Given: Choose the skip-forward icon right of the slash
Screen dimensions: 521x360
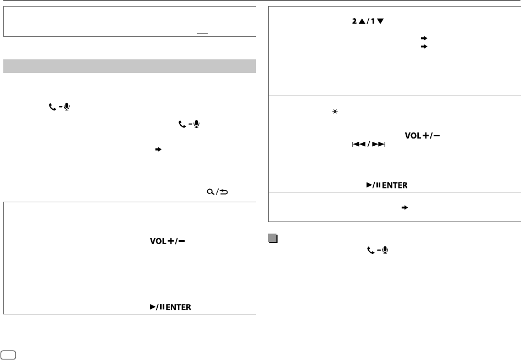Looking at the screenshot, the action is pos(380,144).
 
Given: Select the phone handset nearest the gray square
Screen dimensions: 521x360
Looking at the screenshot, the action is pos(371,250).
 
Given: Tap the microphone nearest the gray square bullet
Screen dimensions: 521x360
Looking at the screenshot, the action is pos(385,250).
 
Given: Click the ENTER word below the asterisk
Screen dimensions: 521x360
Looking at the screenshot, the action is pos(395,185).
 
